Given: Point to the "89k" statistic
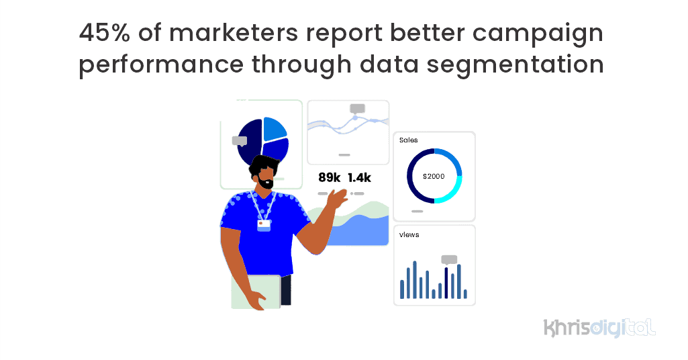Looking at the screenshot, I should coord(330,178).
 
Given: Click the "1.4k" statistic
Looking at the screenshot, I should coord(359,178).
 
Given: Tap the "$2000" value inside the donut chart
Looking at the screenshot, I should coord(434,176).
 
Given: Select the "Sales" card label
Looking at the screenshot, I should coord(408,140).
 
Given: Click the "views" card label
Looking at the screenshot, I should coord(409,234).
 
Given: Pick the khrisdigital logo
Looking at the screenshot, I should coord(599,328).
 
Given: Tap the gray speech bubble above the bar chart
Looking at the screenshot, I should coord(449,259).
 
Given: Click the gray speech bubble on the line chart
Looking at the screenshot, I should coord(357,108).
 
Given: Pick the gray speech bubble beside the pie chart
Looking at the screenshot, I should coord(240,141).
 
